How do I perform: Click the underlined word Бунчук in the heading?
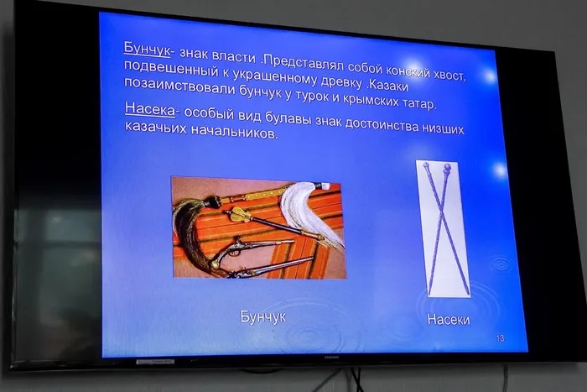point(147,49)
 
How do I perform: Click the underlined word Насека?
point(150,108)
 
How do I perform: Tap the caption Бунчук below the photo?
point(262,316)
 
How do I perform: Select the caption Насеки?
point(449,320)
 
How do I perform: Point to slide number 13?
point(500,338)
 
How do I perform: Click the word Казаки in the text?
point(387,85)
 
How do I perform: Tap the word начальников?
point(235,131)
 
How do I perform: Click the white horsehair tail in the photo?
point(314,213)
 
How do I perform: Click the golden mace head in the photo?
point(239,214)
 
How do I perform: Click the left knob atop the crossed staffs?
point(426,165)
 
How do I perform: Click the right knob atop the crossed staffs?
point(447,167)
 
